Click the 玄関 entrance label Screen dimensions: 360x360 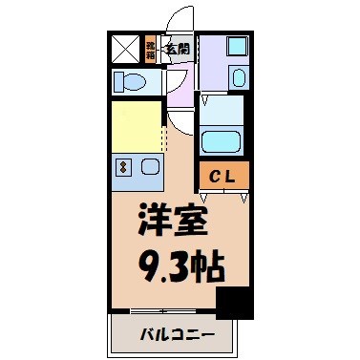point(176,48)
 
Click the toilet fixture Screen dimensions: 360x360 point(130,83)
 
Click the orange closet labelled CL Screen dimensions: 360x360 point(224,176)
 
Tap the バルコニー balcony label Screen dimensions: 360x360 point(172,335)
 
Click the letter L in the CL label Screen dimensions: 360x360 point(232,176)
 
